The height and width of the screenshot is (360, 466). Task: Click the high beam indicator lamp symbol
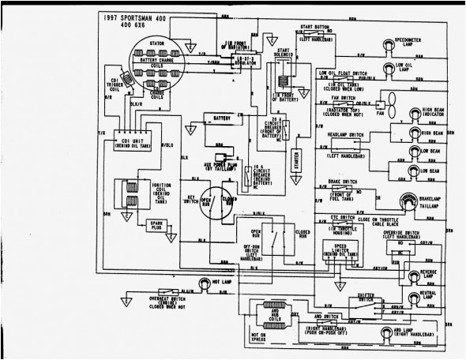(414, 115)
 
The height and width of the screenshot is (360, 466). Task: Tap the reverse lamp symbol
(413, 276)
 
